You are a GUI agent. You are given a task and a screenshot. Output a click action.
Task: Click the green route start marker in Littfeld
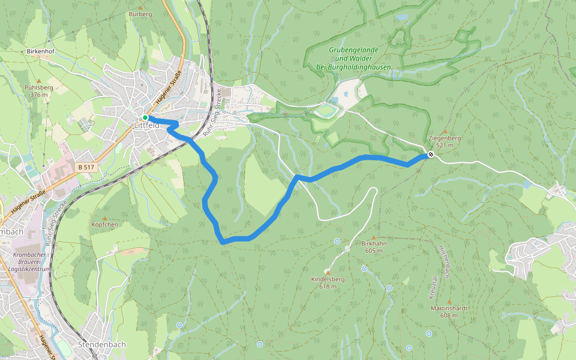pos(145,118)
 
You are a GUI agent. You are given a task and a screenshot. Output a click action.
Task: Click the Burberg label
pos(140,13)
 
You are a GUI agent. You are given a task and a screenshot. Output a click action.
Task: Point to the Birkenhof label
pos(40,52)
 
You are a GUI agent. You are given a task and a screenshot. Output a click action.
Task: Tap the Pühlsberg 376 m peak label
pos(39,91)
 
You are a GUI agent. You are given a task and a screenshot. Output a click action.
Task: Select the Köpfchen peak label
pos(105,224)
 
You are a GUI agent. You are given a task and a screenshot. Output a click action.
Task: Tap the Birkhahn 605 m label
pos(374,247)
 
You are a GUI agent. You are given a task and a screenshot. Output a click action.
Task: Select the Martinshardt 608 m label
pos(449,311)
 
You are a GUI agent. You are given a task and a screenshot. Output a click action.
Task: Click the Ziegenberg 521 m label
pos(445,141)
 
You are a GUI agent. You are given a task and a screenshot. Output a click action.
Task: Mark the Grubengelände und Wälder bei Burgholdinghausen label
pos(353,59)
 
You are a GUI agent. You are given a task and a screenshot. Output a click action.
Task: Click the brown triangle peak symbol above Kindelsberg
pos(328,272)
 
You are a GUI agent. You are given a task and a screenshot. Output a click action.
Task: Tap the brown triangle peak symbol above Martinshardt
pos(449,301)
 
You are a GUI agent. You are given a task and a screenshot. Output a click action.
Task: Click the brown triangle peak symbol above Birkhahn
pos(373,237)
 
